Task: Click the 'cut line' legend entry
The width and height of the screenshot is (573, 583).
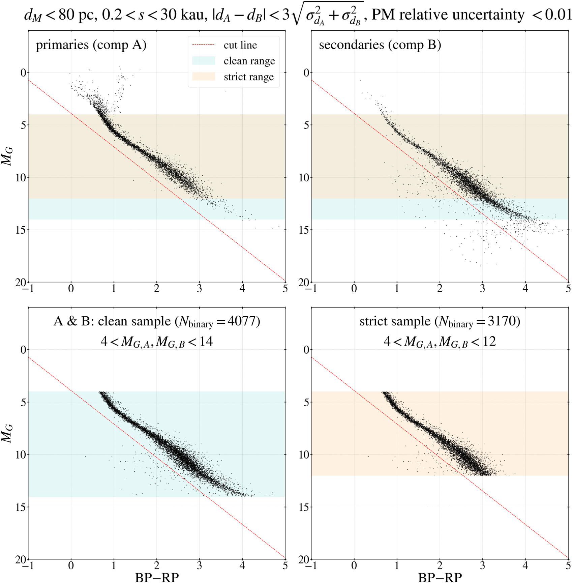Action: tap(240, 45)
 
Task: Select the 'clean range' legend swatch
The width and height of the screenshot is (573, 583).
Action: tap(204, 61)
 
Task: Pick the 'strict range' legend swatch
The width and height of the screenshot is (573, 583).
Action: tap(204, 77)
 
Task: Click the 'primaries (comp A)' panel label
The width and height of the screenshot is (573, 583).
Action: tap(91, 45)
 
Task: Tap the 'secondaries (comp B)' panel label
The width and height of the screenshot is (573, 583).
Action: tap(380, 45)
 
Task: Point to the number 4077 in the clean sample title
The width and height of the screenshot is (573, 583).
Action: tap(242, 321)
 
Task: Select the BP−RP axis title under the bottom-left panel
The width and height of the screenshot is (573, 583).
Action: tap(157, 577)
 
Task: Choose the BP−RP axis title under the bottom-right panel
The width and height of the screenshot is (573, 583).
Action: tap(440, 577)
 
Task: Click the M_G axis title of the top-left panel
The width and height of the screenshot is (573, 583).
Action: tap(7, 156)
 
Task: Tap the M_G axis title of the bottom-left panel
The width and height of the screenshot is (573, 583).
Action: tap(7, 433)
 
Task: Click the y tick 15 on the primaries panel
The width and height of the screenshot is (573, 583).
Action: tap(21, 230)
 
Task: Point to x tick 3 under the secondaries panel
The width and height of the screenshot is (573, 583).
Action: tap(482, 289)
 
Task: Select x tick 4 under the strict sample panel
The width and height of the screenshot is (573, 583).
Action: tap(525, 566)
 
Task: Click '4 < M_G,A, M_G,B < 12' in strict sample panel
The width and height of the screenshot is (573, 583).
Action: tap(440, 342)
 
